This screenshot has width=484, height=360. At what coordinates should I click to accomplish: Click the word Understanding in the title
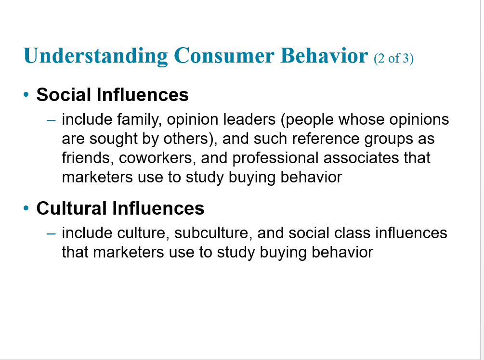tap(95, 56)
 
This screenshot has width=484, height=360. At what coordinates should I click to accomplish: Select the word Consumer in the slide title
tap(224, 55)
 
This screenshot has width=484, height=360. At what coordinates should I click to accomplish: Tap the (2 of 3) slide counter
tap(393, 58)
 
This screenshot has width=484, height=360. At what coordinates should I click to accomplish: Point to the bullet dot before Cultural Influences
tap(26, 208)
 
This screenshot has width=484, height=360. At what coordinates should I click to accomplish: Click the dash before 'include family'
tap(51, 120)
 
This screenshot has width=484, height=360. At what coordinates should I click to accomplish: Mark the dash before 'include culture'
tap(51, 233)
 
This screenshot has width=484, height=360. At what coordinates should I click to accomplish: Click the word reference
tap(326, 139)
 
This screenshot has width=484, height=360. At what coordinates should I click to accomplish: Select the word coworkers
tap(157, 158)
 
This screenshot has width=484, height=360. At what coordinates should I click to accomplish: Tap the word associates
tap(361, 158)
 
